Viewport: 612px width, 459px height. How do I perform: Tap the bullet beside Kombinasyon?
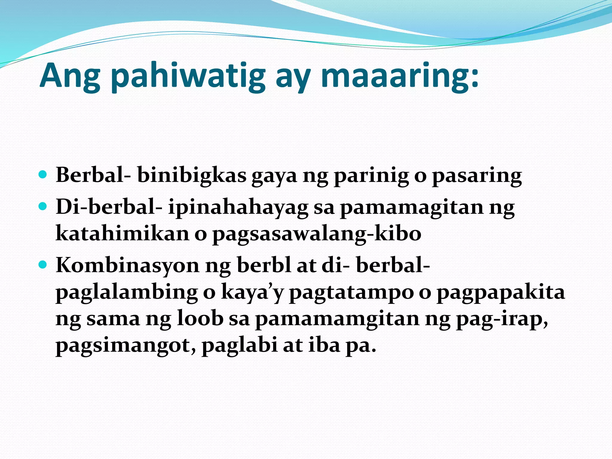[43, 264]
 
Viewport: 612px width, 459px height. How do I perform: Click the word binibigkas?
[192, 175]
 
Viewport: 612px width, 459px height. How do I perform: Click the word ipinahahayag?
[238, 208]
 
